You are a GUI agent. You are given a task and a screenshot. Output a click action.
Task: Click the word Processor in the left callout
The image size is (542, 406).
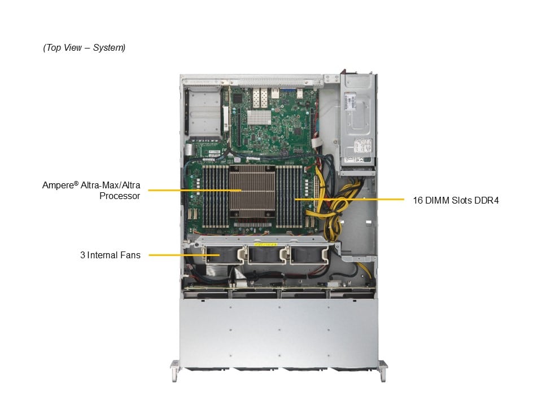(120, 196)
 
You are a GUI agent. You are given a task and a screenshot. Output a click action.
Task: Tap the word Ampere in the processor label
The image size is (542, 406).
(58, 186)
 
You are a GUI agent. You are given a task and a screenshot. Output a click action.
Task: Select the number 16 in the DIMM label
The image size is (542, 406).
(418, 200)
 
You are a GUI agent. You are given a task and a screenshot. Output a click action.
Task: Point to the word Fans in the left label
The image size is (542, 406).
(130, 255)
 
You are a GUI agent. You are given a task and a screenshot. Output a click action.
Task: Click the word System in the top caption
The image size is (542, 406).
(109, 47)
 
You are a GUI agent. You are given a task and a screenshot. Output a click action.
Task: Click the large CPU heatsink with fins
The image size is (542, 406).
(252, 191)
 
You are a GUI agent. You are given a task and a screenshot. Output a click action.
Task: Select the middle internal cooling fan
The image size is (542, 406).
(266, 255)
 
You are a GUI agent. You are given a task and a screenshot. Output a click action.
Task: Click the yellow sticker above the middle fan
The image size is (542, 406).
(265, 244)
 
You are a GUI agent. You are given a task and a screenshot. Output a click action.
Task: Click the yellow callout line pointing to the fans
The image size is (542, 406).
(184, 255)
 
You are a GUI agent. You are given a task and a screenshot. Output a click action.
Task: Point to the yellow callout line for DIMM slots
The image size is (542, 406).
(349, 199)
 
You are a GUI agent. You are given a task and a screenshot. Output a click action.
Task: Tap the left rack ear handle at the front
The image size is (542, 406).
(174, 371)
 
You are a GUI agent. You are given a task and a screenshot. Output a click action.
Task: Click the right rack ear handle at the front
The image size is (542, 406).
(383, 371)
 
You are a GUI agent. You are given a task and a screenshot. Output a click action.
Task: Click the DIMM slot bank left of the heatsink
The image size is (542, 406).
(215, 196)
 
